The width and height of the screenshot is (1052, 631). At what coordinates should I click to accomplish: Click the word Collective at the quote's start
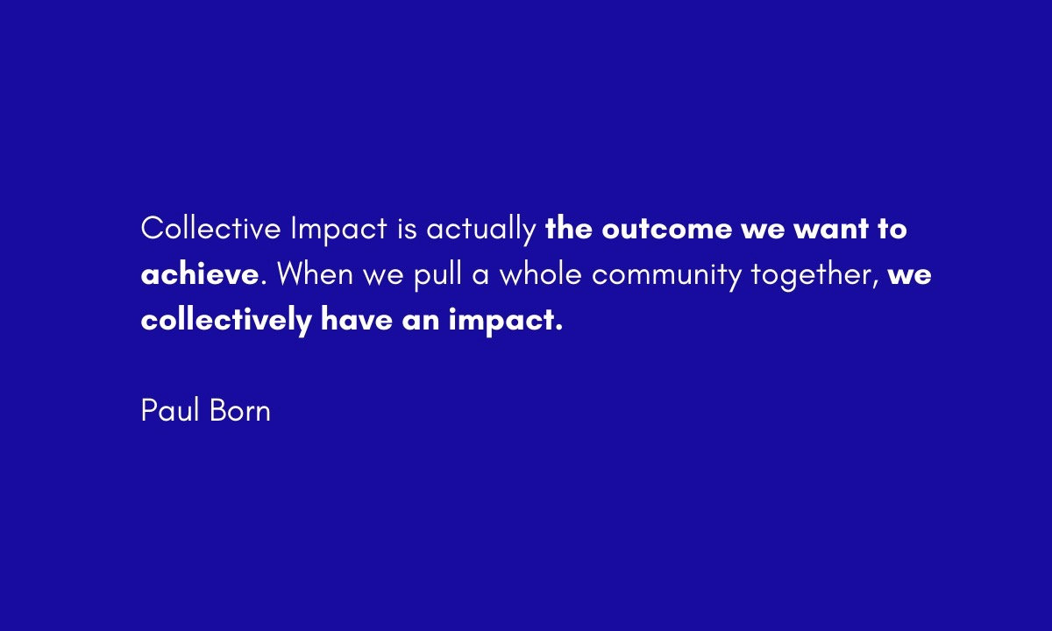point(211,228)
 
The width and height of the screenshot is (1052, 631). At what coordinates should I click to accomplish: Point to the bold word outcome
point(666,230)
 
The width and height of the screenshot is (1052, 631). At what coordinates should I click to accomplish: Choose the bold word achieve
point(200,273)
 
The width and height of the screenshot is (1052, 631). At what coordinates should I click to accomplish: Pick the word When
point(315,273)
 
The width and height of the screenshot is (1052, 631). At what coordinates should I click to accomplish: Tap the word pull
point(437,277)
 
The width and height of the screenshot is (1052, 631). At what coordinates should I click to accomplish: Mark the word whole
point(541,273)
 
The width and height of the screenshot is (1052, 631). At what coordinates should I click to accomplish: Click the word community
point(666,277)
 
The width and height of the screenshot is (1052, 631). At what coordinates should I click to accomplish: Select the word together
point(814,277)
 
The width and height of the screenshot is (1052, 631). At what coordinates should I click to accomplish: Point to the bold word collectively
point(226,321)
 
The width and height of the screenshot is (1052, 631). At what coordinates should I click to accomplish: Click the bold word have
point(357,319)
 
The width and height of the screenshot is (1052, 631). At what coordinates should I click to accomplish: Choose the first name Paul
point(170,410)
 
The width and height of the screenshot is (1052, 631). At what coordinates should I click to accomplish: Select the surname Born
point(240,410)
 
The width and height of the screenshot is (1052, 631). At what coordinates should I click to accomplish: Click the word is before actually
point(407,229)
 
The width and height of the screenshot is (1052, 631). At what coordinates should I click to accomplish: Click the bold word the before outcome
point(569,228)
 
